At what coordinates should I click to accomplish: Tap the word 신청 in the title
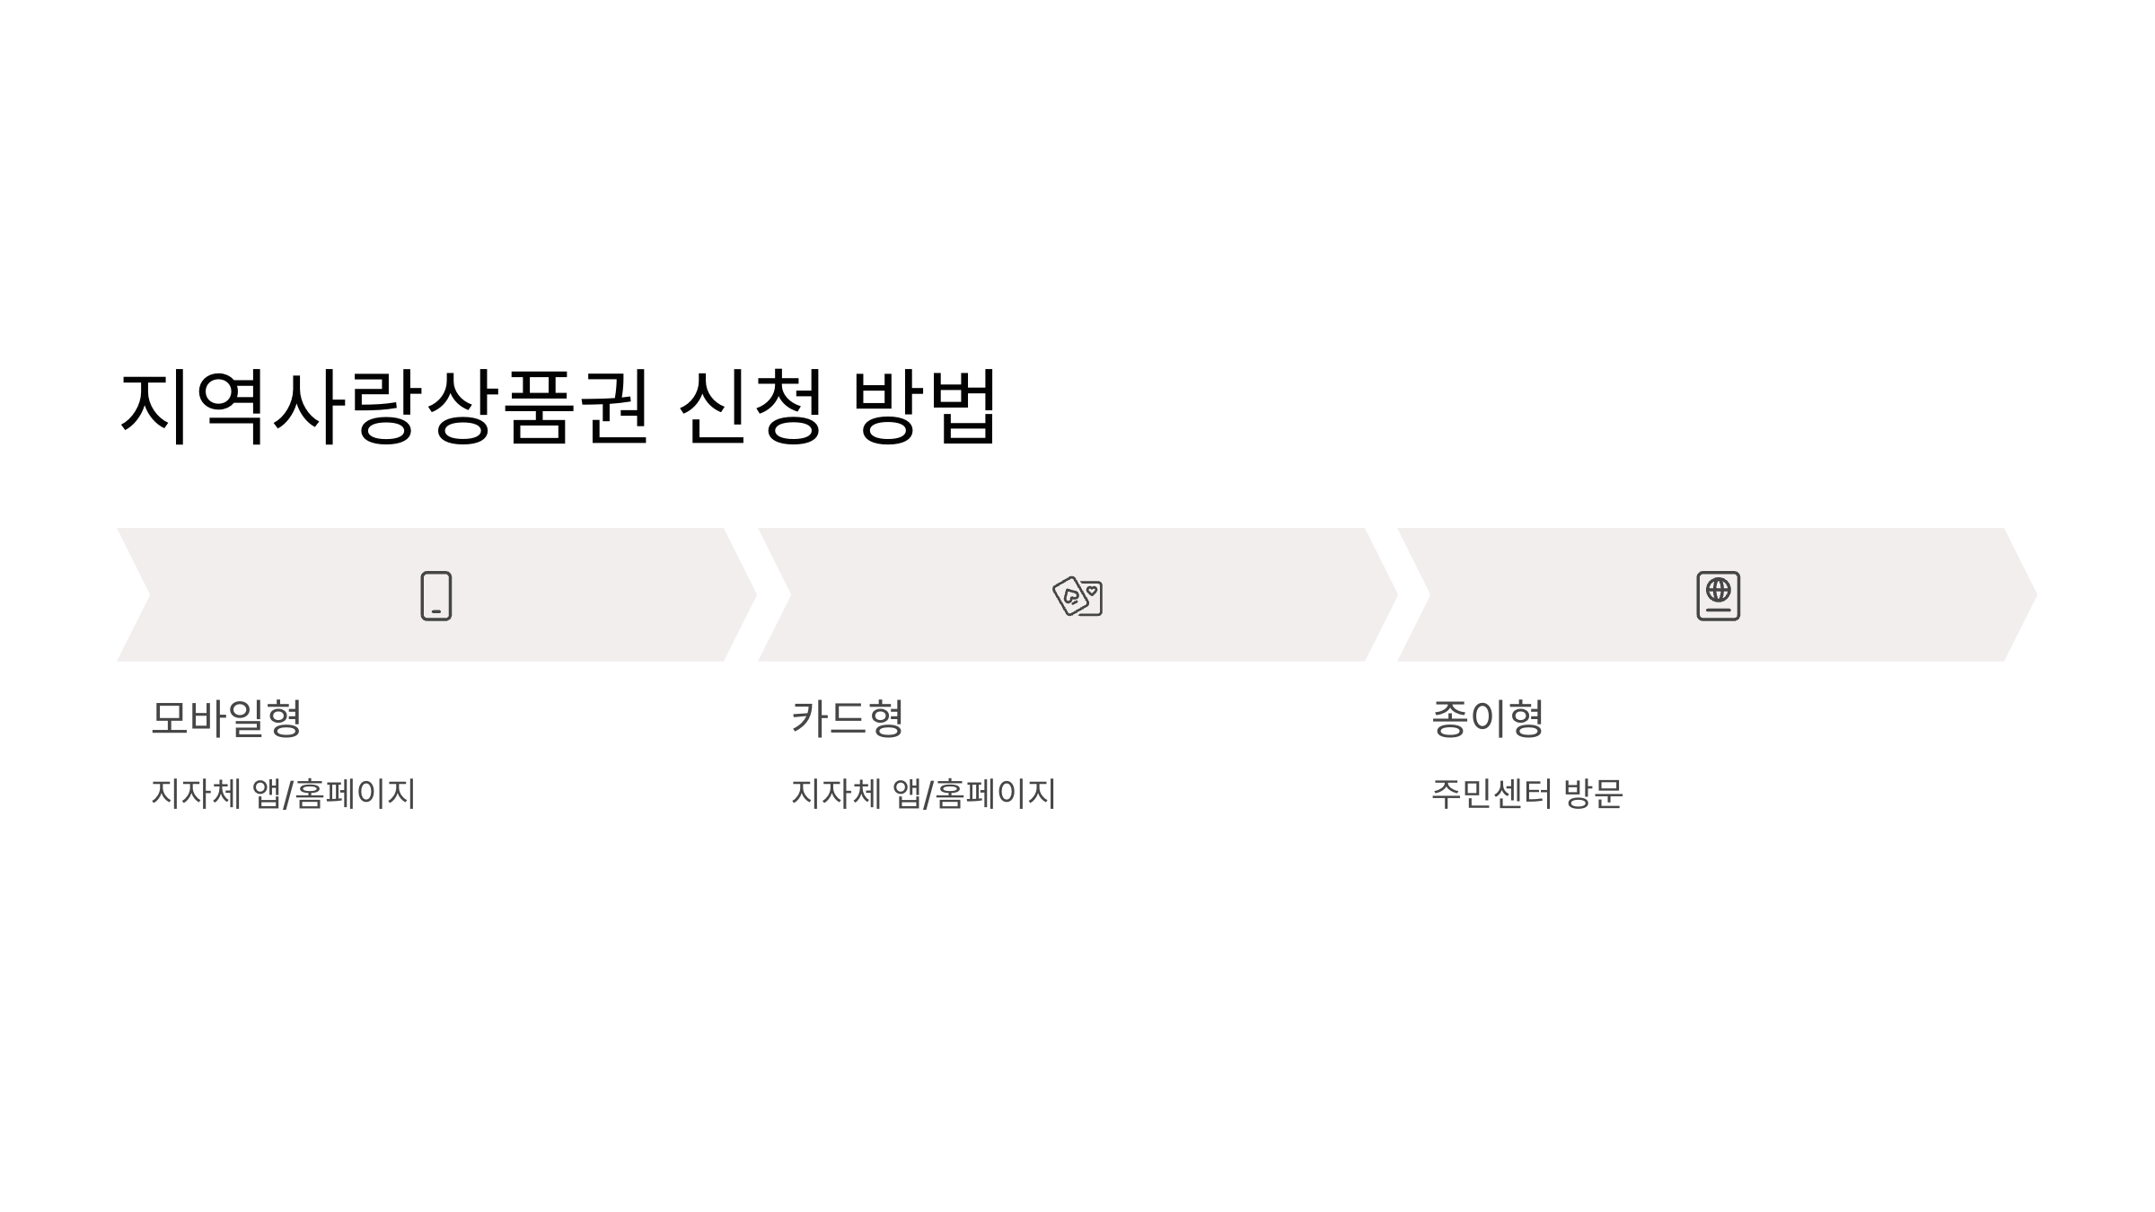[751, 407]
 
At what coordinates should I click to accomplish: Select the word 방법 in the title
[925, 407]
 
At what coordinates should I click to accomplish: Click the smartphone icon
[436, 595]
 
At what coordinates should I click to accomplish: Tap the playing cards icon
[1077, 595]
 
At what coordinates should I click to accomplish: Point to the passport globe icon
[1718, 595]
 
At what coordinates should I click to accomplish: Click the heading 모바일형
[226, 718]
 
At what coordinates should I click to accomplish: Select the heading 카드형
[847, 718]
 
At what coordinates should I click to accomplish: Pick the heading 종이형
[1487, 718]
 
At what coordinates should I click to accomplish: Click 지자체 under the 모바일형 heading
[196, 794]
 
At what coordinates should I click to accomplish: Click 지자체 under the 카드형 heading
[836, 794]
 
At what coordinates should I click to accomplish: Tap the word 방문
[1593, 794]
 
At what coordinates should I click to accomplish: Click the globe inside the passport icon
[1718, 590]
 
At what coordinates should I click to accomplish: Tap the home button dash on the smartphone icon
[436, 611]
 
